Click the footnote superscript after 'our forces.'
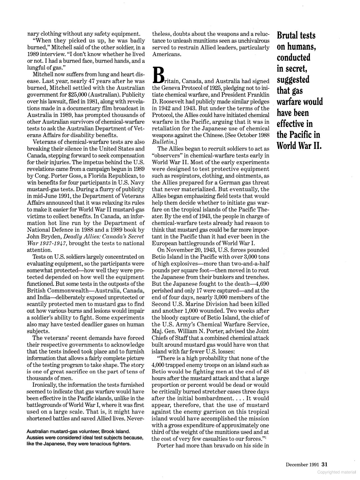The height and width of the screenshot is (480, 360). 266,437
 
